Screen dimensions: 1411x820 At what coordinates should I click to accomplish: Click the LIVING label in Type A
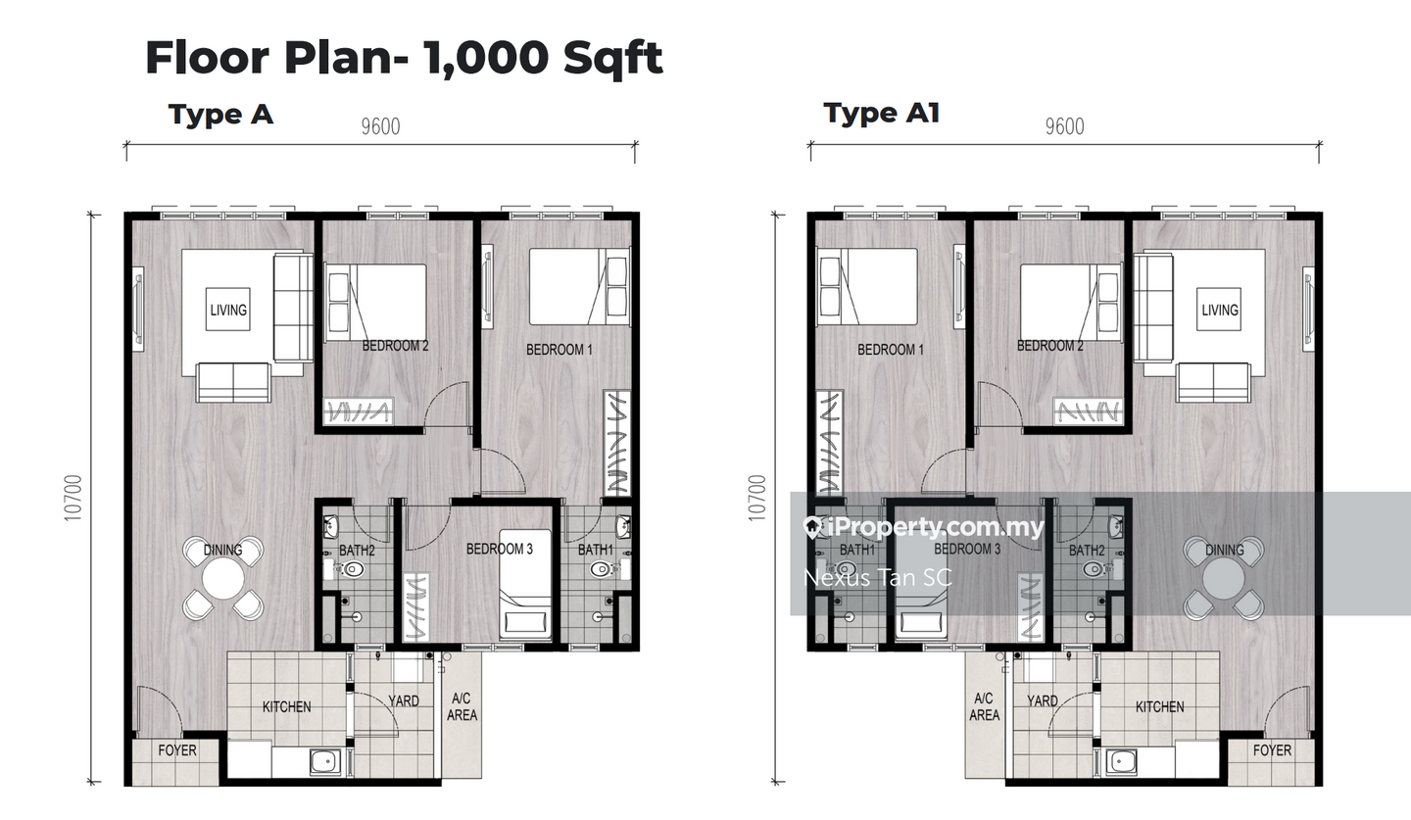[228, 310]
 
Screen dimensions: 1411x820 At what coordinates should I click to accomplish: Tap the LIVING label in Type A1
[1220, 310]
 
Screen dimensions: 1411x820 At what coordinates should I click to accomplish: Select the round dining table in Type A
[223, 579]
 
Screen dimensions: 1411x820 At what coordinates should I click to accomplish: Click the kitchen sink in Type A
[325, 762]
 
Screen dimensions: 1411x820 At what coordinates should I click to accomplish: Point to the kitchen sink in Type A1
[1122, 762]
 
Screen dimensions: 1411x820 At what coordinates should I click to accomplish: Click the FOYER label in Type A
[177, 750]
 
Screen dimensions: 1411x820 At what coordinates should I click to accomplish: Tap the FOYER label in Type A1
[1272, 750]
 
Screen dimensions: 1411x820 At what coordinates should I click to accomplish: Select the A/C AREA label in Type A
[462, 706]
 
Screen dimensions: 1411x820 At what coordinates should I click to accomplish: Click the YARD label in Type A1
[1042, 701]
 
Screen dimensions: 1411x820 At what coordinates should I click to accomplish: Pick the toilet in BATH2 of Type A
[351, 570]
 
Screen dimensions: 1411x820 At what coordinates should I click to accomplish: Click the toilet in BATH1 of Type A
[603, 570]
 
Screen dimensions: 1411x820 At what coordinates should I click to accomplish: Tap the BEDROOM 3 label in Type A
[499, 550]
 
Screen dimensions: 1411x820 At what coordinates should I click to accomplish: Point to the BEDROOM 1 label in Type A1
[890, 350]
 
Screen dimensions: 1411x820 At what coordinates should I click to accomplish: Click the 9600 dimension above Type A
[380, 126]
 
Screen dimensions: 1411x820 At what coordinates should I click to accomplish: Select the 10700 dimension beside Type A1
[757, 498]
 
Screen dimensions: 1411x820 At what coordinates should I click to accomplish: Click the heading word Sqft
[612, 59]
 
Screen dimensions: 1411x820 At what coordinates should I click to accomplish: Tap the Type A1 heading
[881, 114]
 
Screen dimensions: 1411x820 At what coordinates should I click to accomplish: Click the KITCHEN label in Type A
[286, 706]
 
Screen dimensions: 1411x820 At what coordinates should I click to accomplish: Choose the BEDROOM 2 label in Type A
[395, 346]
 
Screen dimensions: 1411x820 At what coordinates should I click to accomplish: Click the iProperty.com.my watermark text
[924, 526]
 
